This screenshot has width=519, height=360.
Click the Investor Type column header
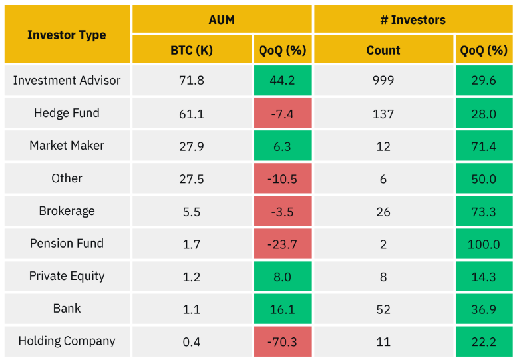click(67, 35)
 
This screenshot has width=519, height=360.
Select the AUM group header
click(222, 19)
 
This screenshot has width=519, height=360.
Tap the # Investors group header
click(413, 19)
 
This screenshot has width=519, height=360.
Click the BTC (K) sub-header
click(192, 50)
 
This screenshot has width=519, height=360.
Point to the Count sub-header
click(383, 50)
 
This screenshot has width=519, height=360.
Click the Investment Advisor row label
click(67, 81)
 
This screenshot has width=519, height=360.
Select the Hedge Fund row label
click(67, 113)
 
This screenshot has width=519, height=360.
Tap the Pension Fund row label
click(67, 244)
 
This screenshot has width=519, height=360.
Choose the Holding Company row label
click(67, 341)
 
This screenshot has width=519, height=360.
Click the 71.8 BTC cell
click(192, 81)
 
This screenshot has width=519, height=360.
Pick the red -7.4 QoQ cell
click(282, 114)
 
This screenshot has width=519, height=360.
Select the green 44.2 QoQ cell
click(282, 81)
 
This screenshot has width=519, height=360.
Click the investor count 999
click(383, 81)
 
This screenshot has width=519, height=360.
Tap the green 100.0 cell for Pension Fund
click(484, 244)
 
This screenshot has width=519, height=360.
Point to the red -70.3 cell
click(282, 342)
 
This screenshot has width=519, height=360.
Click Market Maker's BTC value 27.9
click(192, 146)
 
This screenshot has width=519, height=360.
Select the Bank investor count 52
click(383, 309)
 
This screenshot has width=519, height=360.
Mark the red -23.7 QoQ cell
click(282, 244)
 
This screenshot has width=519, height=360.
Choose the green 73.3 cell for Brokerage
click(484, 212)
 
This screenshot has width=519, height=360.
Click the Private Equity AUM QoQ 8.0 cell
click(282, 277)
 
